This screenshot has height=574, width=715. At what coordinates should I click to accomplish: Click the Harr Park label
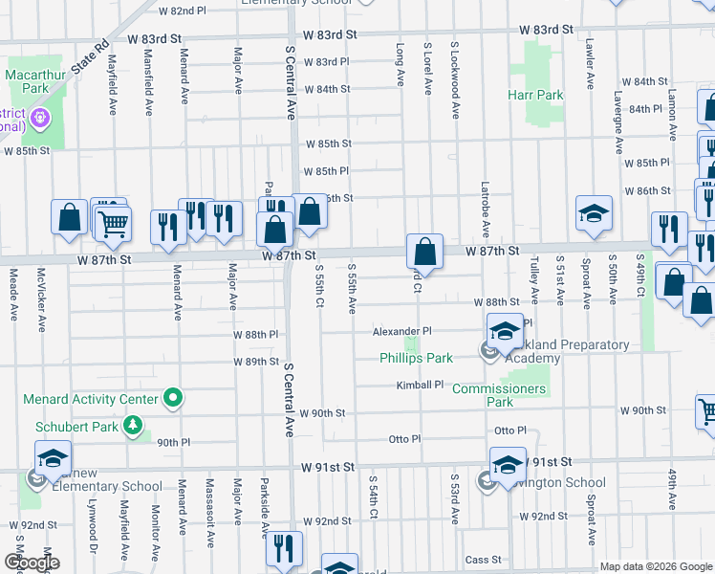tap(536, 96)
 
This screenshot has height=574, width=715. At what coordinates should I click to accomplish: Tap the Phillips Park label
tap(416, 359)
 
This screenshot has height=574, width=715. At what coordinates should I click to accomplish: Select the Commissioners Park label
tap(499, 395)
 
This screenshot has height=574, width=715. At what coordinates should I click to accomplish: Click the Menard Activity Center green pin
tap(173, 396)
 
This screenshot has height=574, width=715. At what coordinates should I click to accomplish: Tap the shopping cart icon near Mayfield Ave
tap(113, 225)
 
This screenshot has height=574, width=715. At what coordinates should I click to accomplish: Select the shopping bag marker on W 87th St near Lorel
tap(424, 253)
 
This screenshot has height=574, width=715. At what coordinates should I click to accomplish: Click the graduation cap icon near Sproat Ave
tap(593, 213)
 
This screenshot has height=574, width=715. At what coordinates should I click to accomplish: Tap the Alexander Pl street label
tap(401, 331)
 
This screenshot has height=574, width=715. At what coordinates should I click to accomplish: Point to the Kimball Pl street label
tap(421, 385)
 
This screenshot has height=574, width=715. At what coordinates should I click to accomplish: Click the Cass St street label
tap(483, 560)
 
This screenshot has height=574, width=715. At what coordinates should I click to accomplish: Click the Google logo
tap(31, 562)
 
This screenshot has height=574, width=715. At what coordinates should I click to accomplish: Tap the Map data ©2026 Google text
tap(655, 566)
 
